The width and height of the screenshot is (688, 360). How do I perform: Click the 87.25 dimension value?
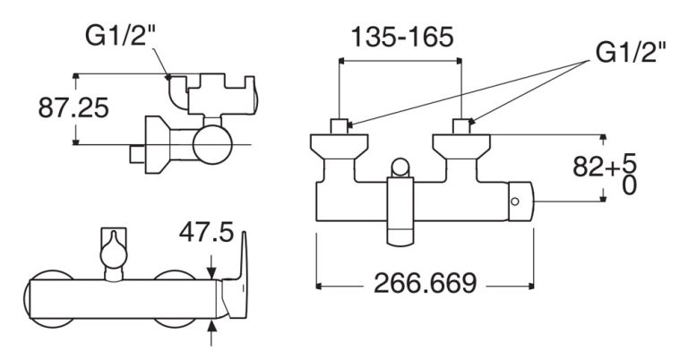[73, 108]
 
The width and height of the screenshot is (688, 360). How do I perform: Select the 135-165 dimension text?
[401, 38]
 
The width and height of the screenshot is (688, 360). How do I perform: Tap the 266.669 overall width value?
[425, 285]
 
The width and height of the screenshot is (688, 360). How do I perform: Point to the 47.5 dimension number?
[205, 234]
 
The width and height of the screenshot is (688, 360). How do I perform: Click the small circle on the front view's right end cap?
[515, 202]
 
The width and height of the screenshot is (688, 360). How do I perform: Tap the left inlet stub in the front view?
[340, 126]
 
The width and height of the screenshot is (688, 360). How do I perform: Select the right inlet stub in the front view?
[462, 126]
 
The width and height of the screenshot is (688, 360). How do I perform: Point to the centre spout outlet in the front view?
[400, 235]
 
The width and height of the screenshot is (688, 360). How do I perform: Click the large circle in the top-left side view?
[211, 144]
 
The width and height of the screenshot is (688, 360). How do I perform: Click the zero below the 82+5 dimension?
[629, 187]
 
